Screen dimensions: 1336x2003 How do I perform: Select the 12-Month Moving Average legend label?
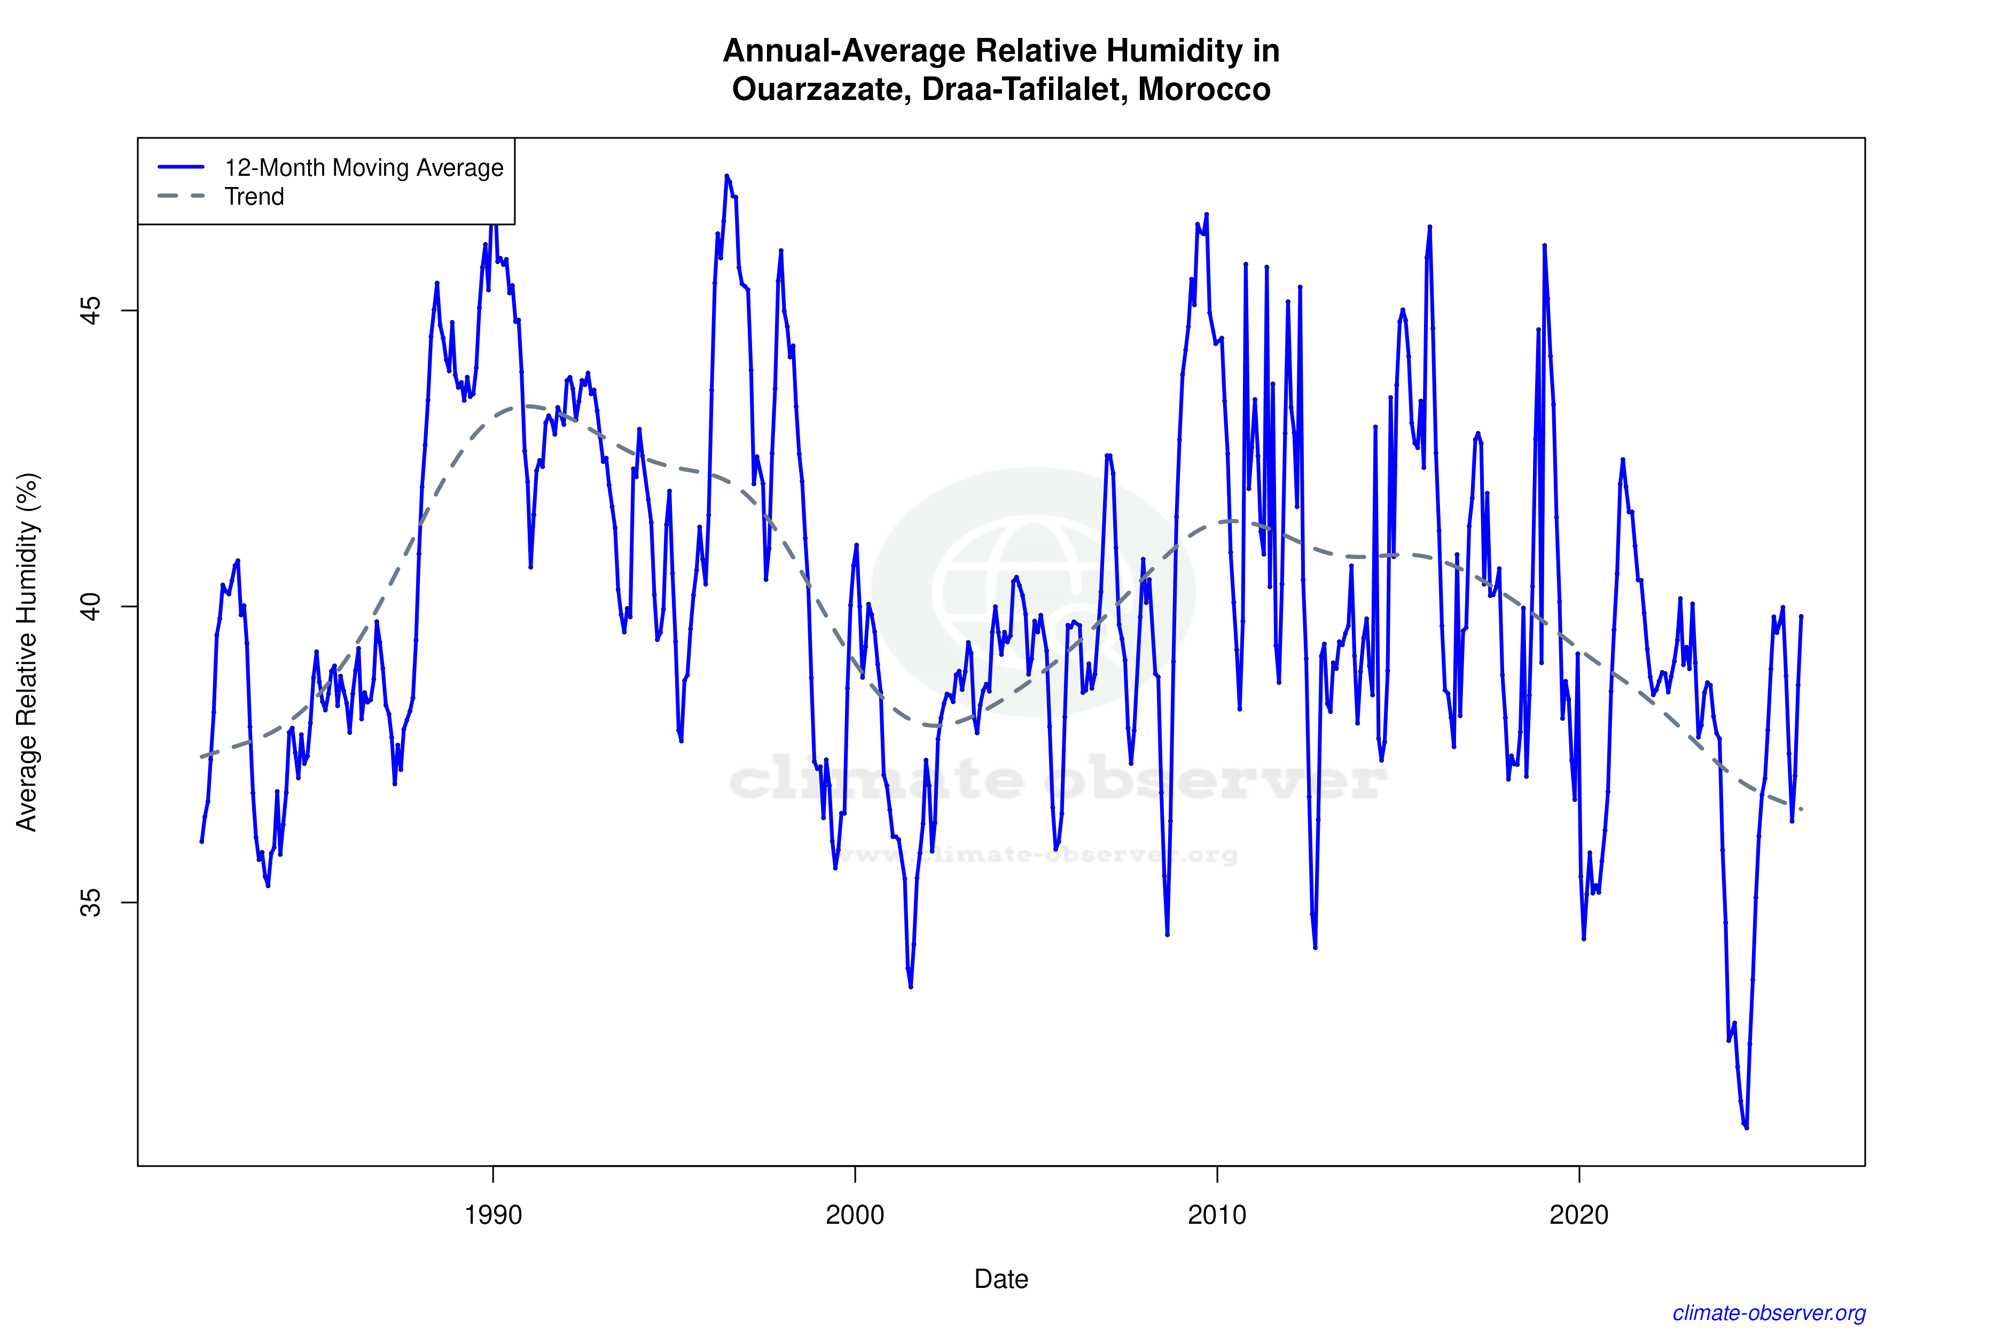coord(364,168)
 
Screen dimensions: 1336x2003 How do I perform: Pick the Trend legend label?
coord(254,197)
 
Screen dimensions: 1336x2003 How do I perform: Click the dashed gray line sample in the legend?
coord(182,197)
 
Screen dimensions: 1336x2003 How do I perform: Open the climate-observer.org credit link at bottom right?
coord(1769,1313)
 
